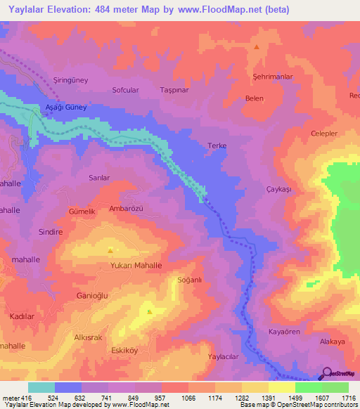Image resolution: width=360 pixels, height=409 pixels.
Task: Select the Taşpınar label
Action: point(176,91)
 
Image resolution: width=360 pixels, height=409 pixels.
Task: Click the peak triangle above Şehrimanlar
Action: point(257,47)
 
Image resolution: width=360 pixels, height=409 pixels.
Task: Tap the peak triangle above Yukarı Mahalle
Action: point(110,249)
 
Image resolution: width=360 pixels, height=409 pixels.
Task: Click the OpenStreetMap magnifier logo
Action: point(326,373)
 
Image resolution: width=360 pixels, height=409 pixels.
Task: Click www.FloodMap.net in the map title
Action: point(221,9)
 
